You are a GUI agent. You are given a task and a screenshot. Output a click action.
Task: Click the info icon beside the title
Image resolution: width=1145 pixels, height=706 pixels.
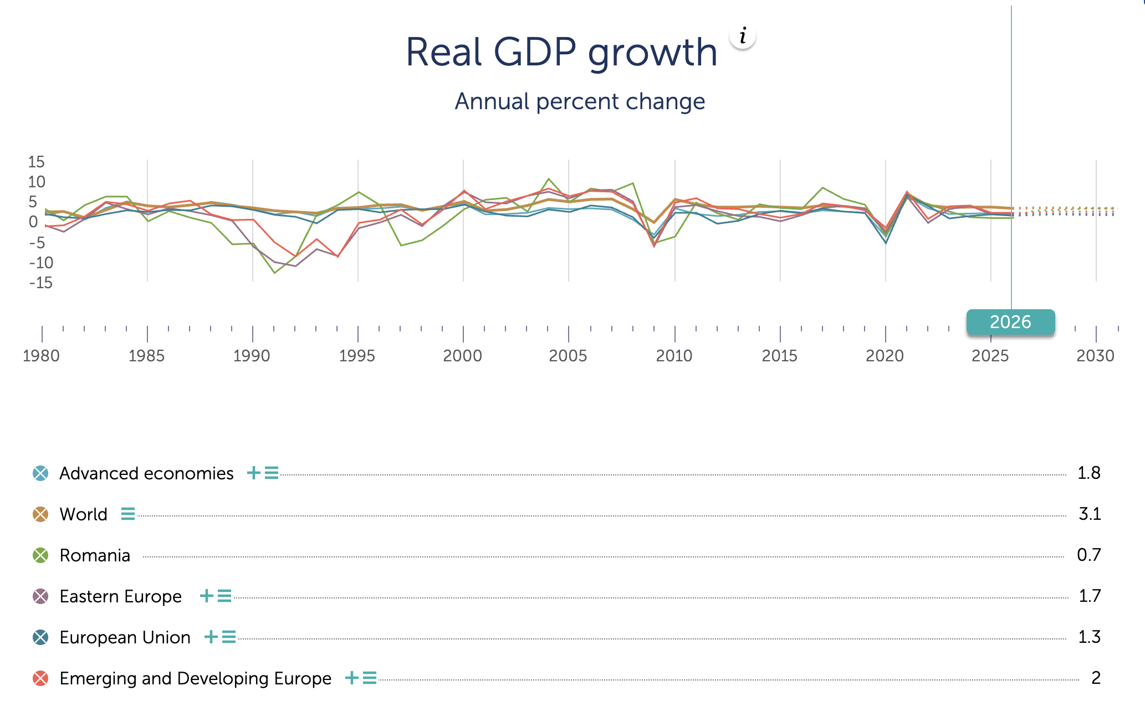[x=743, y=37]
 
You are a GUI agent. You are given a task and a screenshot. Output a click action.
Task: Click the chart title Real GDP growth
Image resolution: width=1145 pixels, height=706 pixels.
[x=561, y=53]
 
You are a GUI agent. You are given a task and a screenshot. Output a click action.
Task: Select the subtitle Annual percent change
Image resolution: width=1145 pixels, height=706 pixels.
[x=580, y=101]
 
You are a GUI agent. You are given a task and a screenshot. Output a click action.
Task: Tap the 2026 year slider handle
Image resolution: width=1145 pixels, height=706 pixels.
[x=1010, y=322]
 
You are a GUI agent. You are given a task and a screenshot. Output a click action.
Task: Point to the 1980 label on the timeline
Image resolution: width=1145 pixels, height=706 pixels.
[x=42, y=356]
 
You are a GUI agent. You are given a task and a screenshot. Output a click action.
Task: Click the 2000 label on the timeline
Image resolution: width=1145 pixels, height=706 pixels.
[x=463, y=356]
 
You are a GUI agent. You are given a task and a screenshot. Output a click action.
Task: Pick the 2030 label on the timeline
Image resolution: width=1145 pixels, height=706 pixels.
[x=1095, y=356]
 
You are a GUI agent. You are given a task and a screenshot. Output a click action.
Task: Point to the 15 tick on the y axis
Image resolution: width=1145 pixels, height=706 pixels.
[x=37, y=162]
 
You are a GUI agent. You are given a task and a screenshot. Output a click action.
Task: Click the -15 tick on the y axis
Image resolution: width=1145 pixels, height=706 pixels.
[x=41, y=283]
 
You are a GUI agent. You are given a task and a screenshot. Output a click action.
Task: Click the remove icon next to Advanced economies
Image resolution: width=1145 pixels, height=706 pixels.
[x=40, y=473]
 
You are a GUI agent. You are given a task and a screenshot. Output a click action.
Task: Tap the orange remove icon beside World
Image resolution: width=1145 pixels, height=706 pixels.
[x=40, y=514]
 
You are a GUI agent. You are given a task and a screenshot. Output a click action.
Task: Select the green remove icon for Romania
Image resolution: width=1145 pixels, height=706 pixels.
[x=40, y=555]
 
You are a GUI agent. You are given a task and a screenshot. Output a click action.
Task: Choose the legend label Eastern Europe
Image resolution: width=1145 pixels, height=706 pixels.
[x=121, y=596]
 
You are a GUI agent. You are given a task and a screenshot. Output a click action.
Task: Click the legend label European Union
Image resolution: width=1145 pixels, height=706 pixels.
[x=125, y=637]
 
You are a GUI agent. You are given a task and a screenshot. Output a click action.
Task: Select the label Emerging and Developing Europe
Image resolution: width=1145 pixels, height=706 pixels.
[x=196, y=678]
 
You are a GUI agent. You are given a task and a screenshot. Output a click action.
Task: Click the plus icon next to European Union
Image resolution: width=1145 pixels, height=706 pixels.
[x=211, y=637]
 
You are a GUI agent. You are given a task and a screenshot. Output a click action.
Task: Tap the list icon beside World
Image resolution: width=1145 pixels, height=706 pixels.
[x=128, y=514]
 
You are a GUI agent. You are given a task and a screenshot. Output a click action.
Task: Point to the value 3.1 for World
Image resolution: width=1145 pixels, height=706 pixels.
[x=1090, y=514]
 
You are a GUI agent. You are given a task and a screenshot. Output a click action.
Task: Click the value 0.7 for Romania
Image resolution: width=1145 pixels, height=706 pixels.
[x=1089, y=555]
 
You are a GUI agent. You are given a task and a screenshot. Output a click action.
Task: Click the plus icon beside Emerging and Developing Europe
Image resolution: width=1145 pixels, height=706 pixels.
[x=352, y=678]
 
